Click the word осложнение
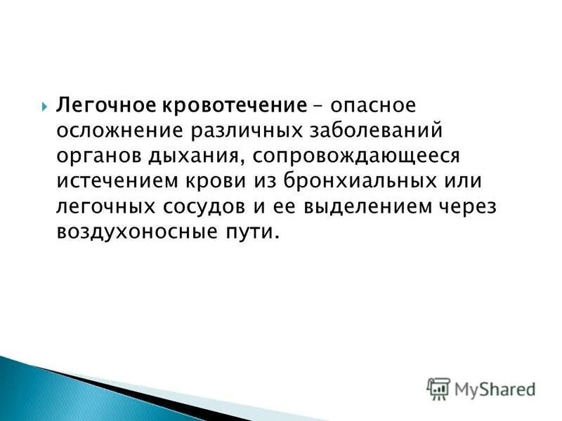point(115,131)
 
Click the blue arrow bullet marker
point(44,106)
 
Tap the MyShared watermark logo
point(481,388)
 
